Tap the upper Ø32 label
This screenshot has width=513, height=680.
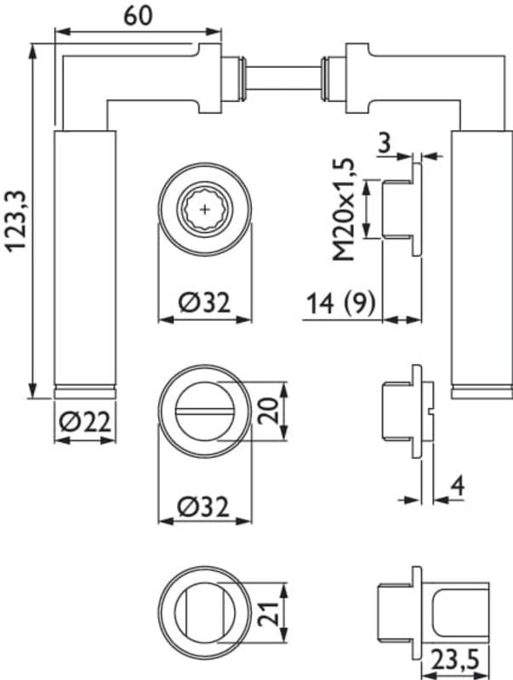[x=206, y=301]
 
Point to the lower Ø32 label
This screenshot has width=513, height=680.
[x=206, y=506]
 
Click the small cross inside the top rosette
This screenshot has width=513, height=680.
[x=206, y=207]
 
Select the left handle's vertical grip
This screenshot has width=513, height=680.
[x=84, y=255]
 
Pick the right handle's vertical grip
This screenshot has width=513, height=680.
[x=480, y=255]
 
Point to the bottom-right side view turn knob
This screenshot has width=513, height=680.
[x=459, y=611]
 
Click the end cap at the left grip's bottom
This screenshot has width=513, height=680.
[x=84, y=392]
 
